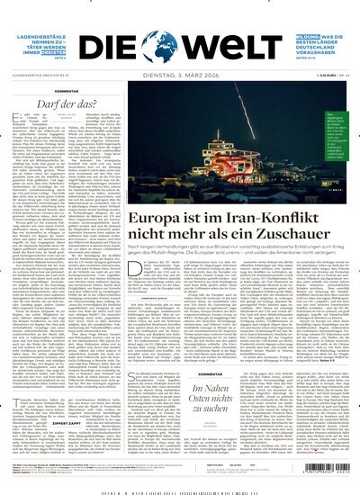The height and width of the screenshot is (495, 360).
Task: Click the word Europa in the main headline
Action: (x=163, y=220)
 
